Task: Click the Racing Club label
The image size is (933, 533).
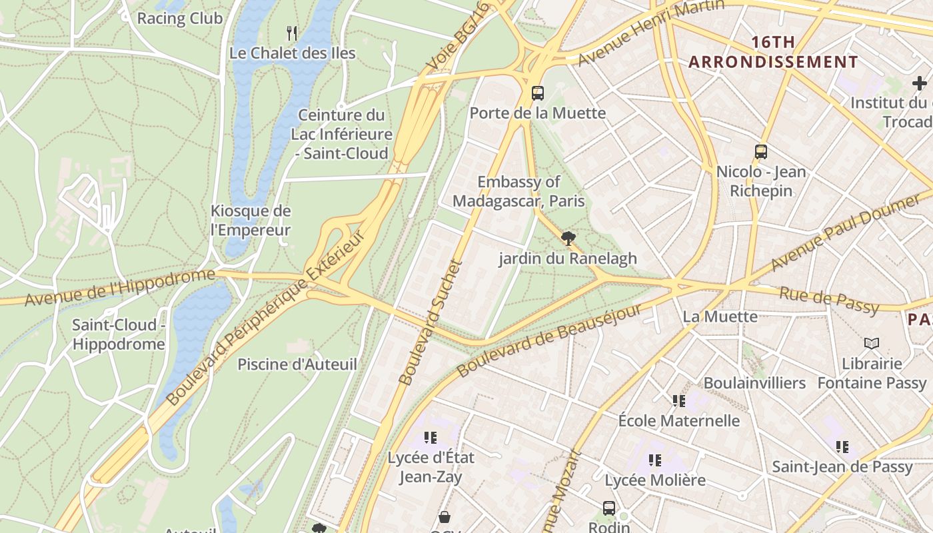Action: pos(179,18)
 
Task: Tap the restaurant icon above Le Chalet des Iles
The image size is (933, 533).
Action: pos(292,33)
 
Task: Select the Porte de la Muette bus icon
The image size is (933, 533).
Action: pos(538,93)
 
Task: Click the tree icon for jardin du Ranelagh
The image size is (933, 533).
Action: pos(568,238)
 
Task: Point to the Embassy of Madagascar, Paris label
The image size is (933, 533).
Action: pos(518,191)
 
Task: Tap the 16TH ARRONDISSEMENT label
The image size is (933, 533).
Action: pos(773,52)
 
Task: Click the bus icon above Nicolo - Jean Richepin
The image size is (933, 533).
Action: pos(761,151)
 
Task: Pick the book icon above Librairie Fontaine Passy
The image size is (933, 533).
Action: pos(872,343)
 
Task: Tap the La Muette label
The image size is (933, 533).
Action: pos(720,316)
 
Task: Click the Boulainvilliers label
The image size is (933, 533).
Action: pos(754,383)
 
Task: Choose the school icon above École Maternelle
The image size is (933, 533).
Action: pos(678,400)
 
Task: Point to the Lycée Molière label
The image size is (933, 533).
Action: pos(654,480)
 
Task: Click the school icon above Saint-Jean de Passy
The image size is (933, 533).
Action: pos(842,446)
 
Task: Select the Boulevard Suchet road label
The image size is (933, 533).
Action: pos(431,322)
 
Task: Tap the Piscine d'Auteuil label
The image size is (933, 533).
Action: pos(297,364)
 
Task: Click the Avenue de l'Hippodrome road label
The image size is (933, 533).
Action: pos(120,288)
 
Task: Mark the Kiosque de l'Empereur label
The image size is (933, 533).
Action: pos(251,221)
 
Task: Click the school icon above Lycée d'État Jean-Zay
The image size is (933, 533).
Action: pos(431,438)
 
